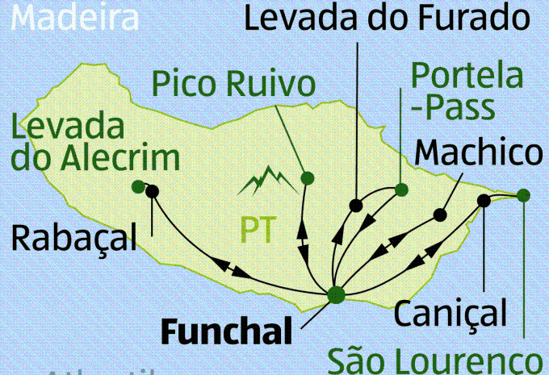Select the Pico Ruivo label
233,82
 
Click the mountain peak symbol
264,181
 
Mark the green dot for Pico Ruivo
307,177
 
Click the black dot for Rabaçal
152,191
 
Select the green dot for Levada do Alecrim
139,187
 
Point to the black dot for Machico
440,215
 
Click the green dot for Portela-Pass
401,190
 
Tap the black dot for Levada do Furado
354,205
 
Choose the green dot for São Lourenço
523,194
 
